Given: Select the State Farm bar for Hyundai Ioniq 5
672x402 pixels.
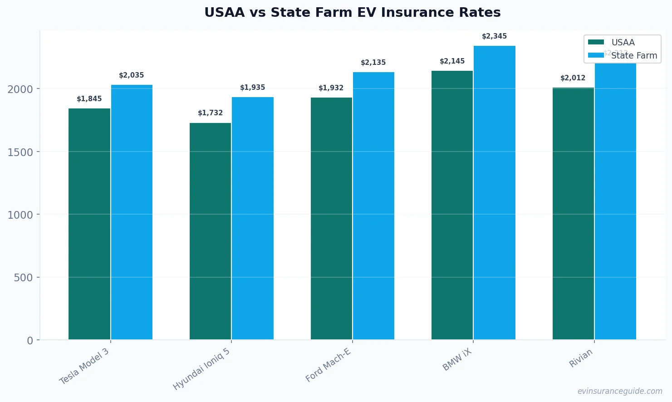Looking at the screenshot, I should point(253,218).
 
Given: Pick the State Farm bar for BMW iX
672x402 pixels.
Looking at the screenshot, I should point(495,192).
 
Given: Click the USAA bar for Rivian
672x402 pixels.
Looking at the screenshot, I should point(573,213).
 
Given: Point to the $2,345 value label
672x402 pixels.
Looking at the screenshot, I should point(494,36).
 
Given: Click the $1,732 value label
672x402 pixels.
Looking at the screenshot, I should point(210,113).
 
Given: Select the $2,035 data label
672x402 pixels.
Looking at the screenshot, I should point(132,75).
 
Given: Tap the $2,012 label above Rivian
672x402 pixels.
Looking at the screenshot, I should point(573,78).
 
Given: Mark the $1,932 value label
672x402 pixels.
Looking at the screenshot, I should point(331,88).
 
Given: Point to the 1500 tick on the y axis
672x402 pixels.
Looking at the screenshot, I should point(20,152).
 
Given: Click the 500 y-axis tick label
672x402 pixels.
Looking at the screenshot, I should point(23,278).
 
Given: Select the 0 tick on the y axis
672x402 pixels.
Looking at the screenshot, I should point(30,341).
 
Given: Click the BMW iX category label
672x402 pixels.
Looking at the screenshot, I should point(457,360).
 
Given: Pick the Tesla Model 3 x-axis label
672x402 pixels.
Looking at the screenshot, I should point(84,367).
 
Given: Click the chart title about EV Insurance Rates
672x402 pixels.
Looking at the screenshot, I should point(352,13).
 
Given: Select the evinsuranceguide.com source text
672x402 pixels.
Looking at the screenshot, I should point(619,391).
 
